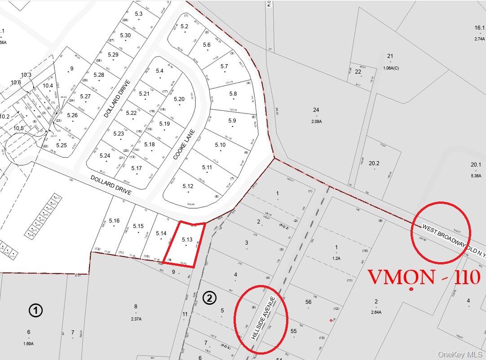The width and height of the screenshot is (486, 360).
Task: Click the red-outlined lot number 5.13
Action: [187, 240]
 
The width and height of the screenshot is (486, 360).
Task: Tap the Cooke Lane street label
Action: [185, 145]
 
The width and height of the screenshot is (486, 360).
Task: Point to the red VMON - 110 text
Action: [424, 277]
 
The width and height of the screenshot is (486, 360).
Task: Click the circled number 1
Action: [35, 310]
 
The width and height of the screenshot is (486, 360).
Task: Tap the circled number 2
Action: [210, 298]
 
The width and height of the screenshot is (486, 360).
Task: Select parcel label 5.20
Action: [179, 99]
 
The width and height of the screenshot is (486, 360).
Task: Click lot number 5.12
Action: [188, 186]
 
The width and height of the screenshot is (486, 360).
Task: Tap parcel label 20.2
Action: [374, 163]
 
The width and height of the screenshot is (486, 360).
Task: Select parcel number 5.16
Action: [114, 220]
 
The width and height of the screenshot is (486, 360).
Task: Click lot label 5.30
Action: [125, 35]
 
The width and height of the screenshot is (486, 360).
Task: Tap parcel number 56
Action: [308, 302]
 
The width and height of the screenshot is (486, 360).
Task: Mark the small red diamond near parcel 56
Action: [331, 320]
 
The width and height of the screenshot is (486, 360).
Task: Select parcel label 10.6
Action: [16, 82]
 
